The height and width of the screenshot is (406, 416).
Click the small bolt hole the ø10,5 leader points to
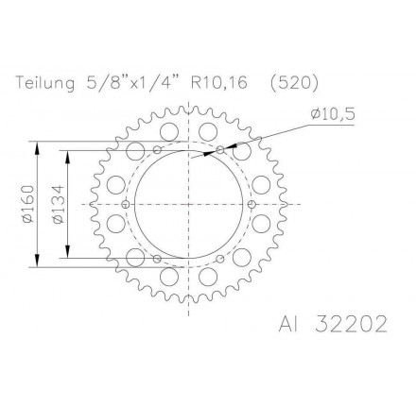pos(220,149)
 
